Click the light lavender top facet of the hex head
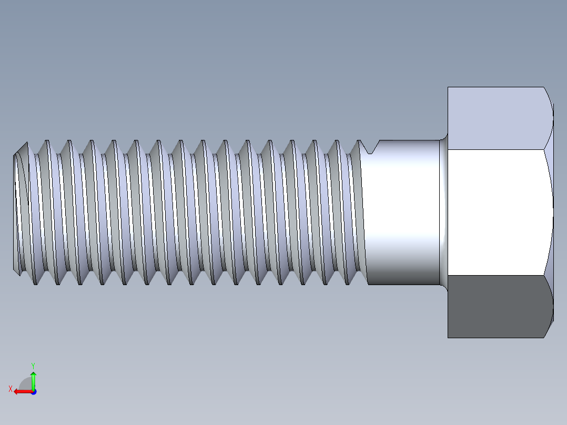point(497,118)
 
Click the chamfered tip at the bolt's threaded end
point(19,208)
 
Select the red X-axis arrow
point(22,391)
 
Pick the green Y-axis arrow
point(33,380)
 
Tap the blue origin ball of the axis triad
point(33,391)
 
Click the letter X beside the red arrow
point(10,389)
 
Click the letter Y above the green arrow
point(33,365)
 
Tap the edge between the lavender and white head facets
point(497,149)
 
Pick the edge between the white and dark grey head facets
point(497,275)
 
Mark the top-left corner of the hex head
point(448,87)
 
